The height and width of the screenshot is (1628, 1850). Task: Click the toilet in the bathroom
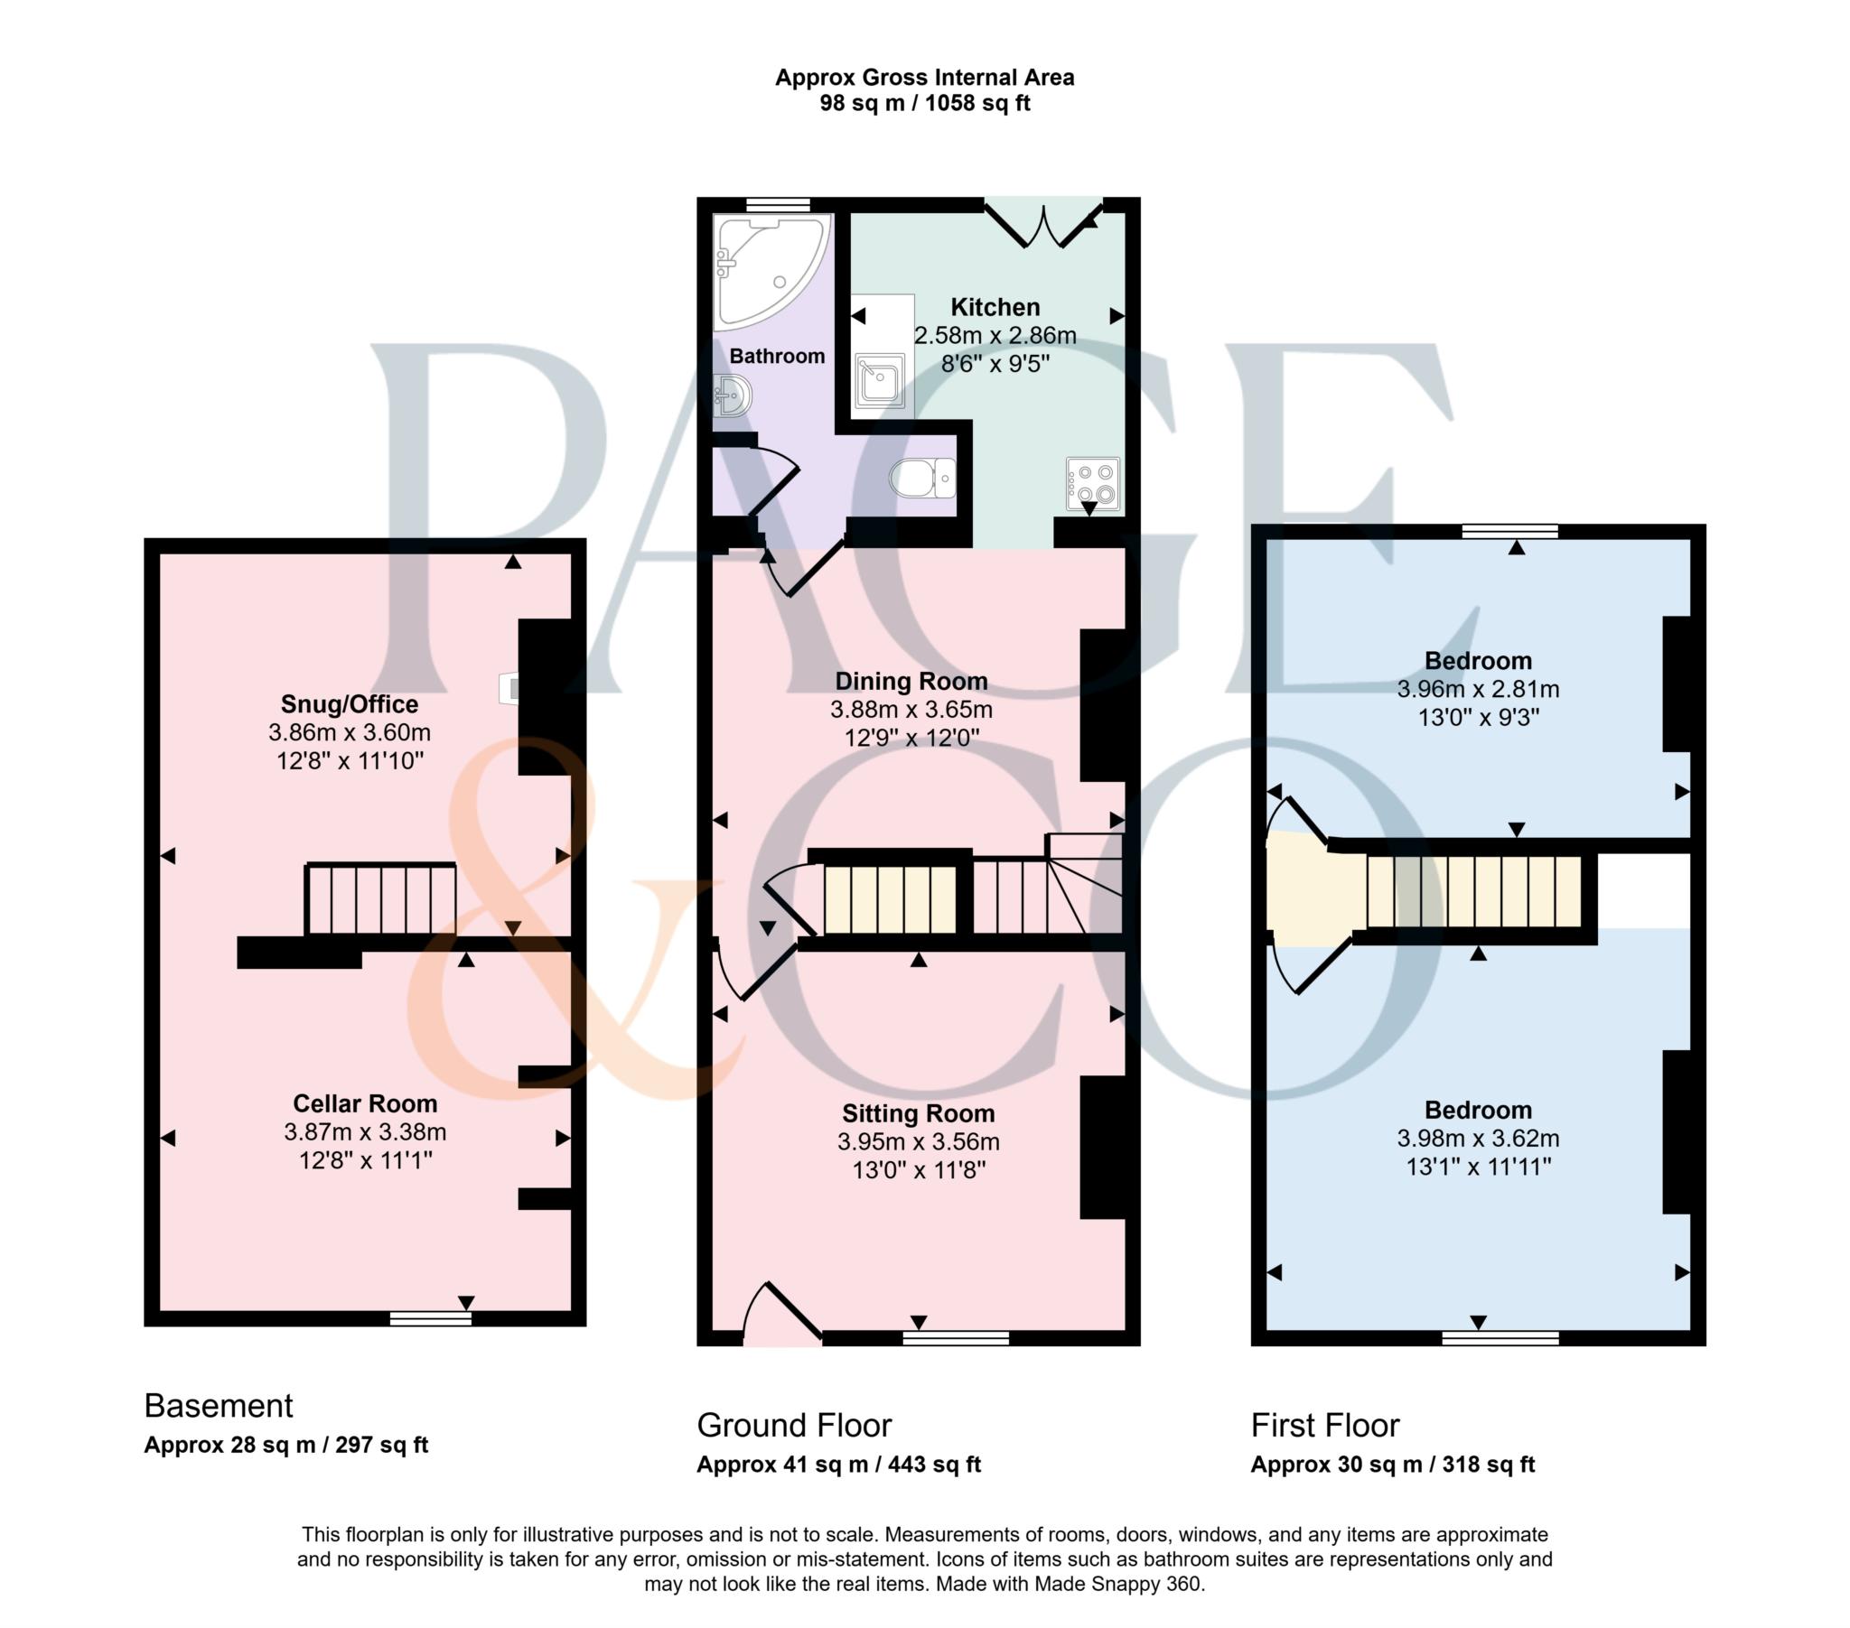point(922,477)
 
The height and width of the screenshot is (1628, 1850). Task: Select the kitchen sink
point(880,380)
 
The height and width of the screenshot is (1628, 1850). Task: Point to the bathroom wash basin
point(733,395)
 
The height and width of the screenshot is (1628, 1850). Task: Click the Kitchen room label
point(995,307)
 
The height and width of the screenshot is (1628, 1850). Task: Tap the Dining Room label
point(911,681)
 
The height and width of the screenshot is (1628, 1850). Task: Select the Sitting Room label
point(918,1113)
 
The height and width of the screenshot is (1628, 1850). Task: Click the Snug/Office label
point(350,704)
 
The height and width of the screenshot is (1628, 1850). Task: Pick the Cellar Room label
point(365,1103)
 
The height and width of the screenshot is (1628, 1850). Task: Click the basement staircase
point(381,898)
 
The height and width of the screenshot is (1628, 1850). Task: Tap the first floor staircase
point(1473,891)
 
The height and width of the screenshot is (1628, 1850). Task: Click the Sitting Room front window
point(956,1337)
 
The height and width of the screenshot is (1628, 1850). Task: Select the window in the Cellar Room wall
point(431,1319)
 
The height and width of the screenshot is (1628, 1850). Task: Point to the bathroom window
point(778,206)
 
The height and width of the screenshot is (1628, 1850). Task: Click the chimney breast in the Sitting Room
point(1103,1147)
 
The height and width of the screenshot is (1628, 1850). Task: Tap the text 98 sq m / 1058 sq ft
point(924,103)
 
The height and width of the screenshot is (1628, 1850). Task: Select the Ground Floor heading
point(794,1426)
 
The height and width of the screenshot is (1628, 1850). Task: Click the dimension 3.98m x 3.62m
point(1478,1138)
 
